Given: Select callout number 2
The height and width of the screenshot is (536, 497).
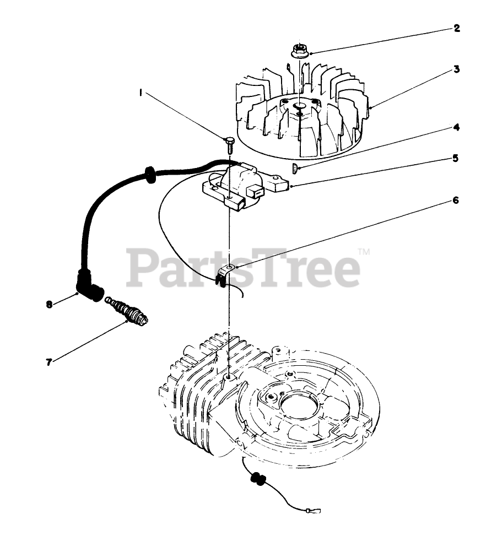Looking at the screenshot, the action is pyautogui.click(x=457, y=28).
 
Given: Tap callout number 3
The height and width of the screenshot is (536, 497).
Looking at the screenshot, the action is pyautogui.click(x=457, y=69).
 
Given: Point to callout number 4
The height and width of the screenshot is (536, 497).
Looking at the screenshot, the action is pyautogui.click(x=456, y=127).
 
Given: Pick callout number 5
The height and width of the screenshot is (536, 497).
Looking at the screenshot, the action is pyautogui.click(x=456, y=158).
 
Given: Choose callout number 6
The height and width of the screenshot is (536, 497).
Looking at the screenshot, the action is pyautogui.click(x=456, y=200).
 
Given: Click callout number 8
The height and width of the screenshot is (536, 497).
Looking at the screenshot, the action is pyautogui.click(x=49, y=303).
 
